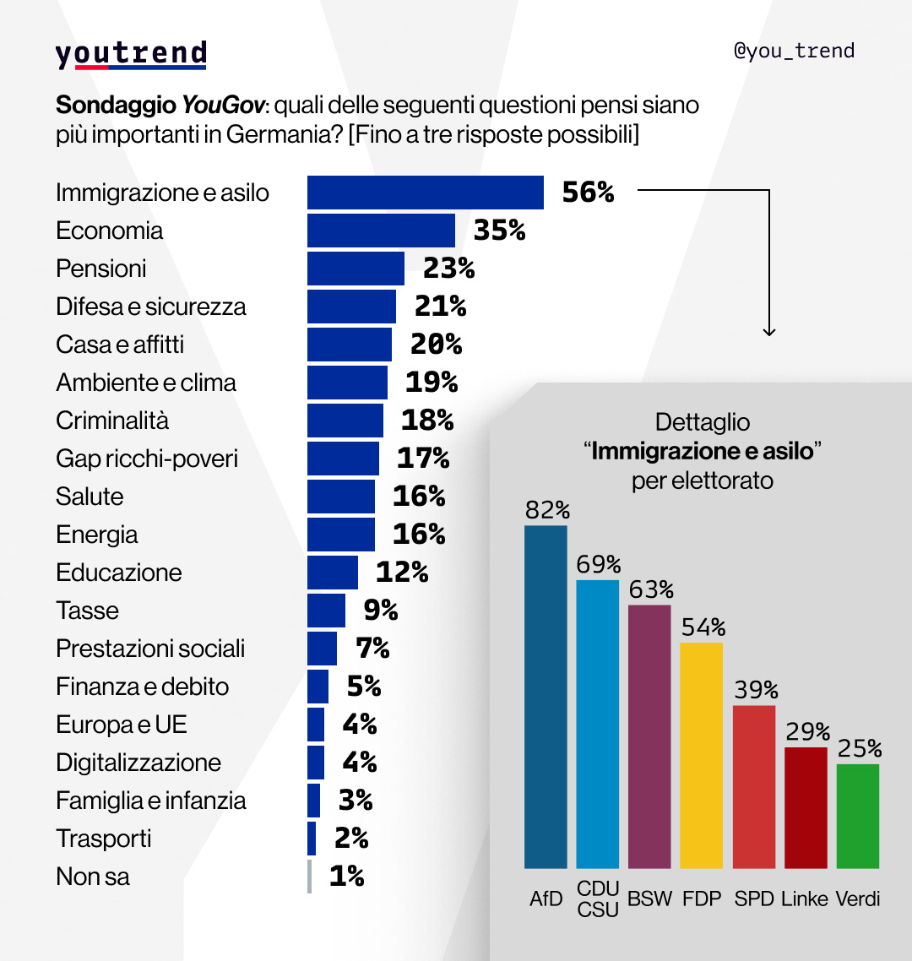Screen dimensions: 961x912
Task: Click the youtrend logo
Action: click(131, 54)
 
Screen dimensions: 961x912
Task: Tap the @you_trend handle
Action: click(794, 51)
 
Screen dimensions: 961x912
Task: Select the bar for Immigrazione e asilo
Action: click(425, 193)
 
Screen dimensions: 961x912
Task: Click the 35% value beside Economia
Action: click(499, 231)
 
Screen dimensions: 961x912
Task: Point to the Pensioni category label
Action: click(101, 269)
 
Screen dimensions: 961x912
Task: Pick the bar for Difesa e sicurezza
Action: click(351, 307)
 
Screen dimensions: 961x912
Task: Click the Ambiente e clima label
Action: click(146, 383)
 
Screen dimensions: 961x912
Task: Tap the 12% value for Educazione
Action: click(401, 573)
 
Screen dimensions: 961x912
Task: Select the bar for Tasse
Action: click(326, 611)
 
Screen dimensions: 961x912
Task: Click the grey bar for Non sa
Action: click(310, 877)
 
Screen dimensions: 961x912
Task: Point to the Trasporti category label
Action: click(104, 839)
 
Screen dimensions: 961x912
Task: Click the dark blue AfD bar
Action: click(546, 697)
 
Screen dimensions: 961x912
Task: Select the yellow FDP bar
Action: click(701, 755)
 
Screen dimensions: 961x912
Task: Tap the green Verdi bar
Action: click(857, 816)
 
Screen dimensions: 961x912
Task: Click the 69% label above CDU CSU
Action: click(599, 564)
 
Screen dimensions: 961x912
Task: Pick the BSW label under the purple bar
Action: click(649, 899)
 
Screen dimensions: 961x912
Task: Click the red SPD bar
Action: click(753, 786)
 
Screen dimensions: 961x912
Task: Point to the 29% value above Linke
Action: click(806, 731)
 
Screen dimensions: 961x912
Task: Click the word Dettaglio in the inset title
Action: click(703, 422)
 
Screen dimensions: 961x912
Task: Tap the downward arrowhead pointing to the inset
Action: click(768, 332)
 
